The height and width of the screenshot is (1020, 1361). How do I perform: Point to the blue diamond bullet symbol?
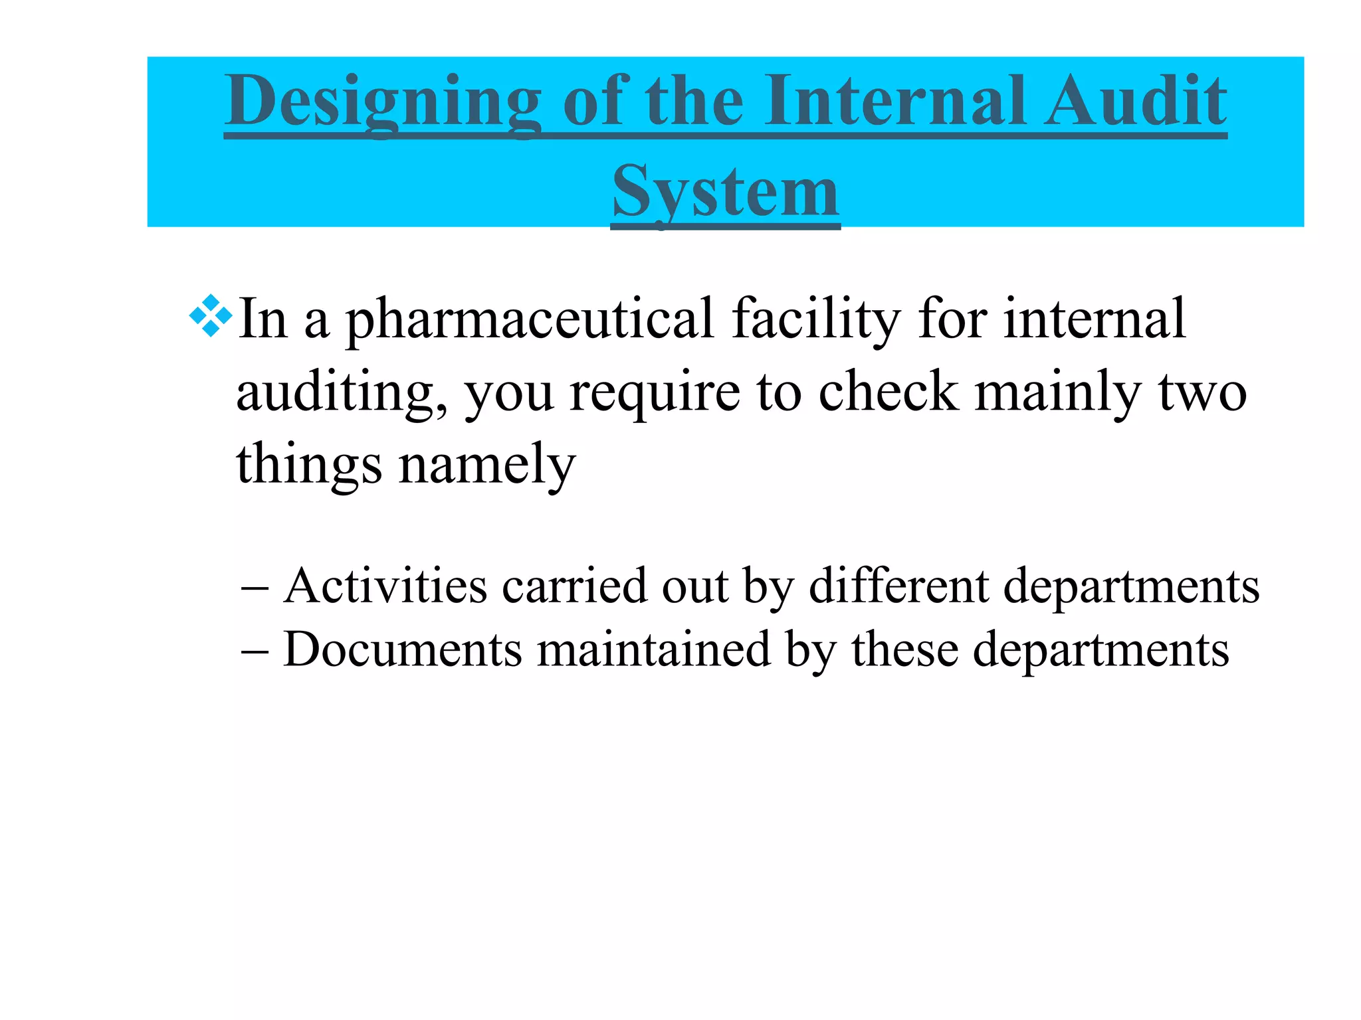click(x=211, y=315)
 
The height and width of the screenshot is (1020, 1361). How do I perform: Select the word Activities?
click(x=385, y=586)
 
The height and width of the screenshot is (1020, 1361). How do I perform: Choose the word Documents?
click(x=403, y=649)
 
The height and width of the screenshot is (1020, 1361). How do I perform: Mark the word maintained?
click(x=653, y=649)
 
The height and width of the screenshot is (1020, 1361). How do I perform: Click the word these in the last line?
click(x=905, y=649)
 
